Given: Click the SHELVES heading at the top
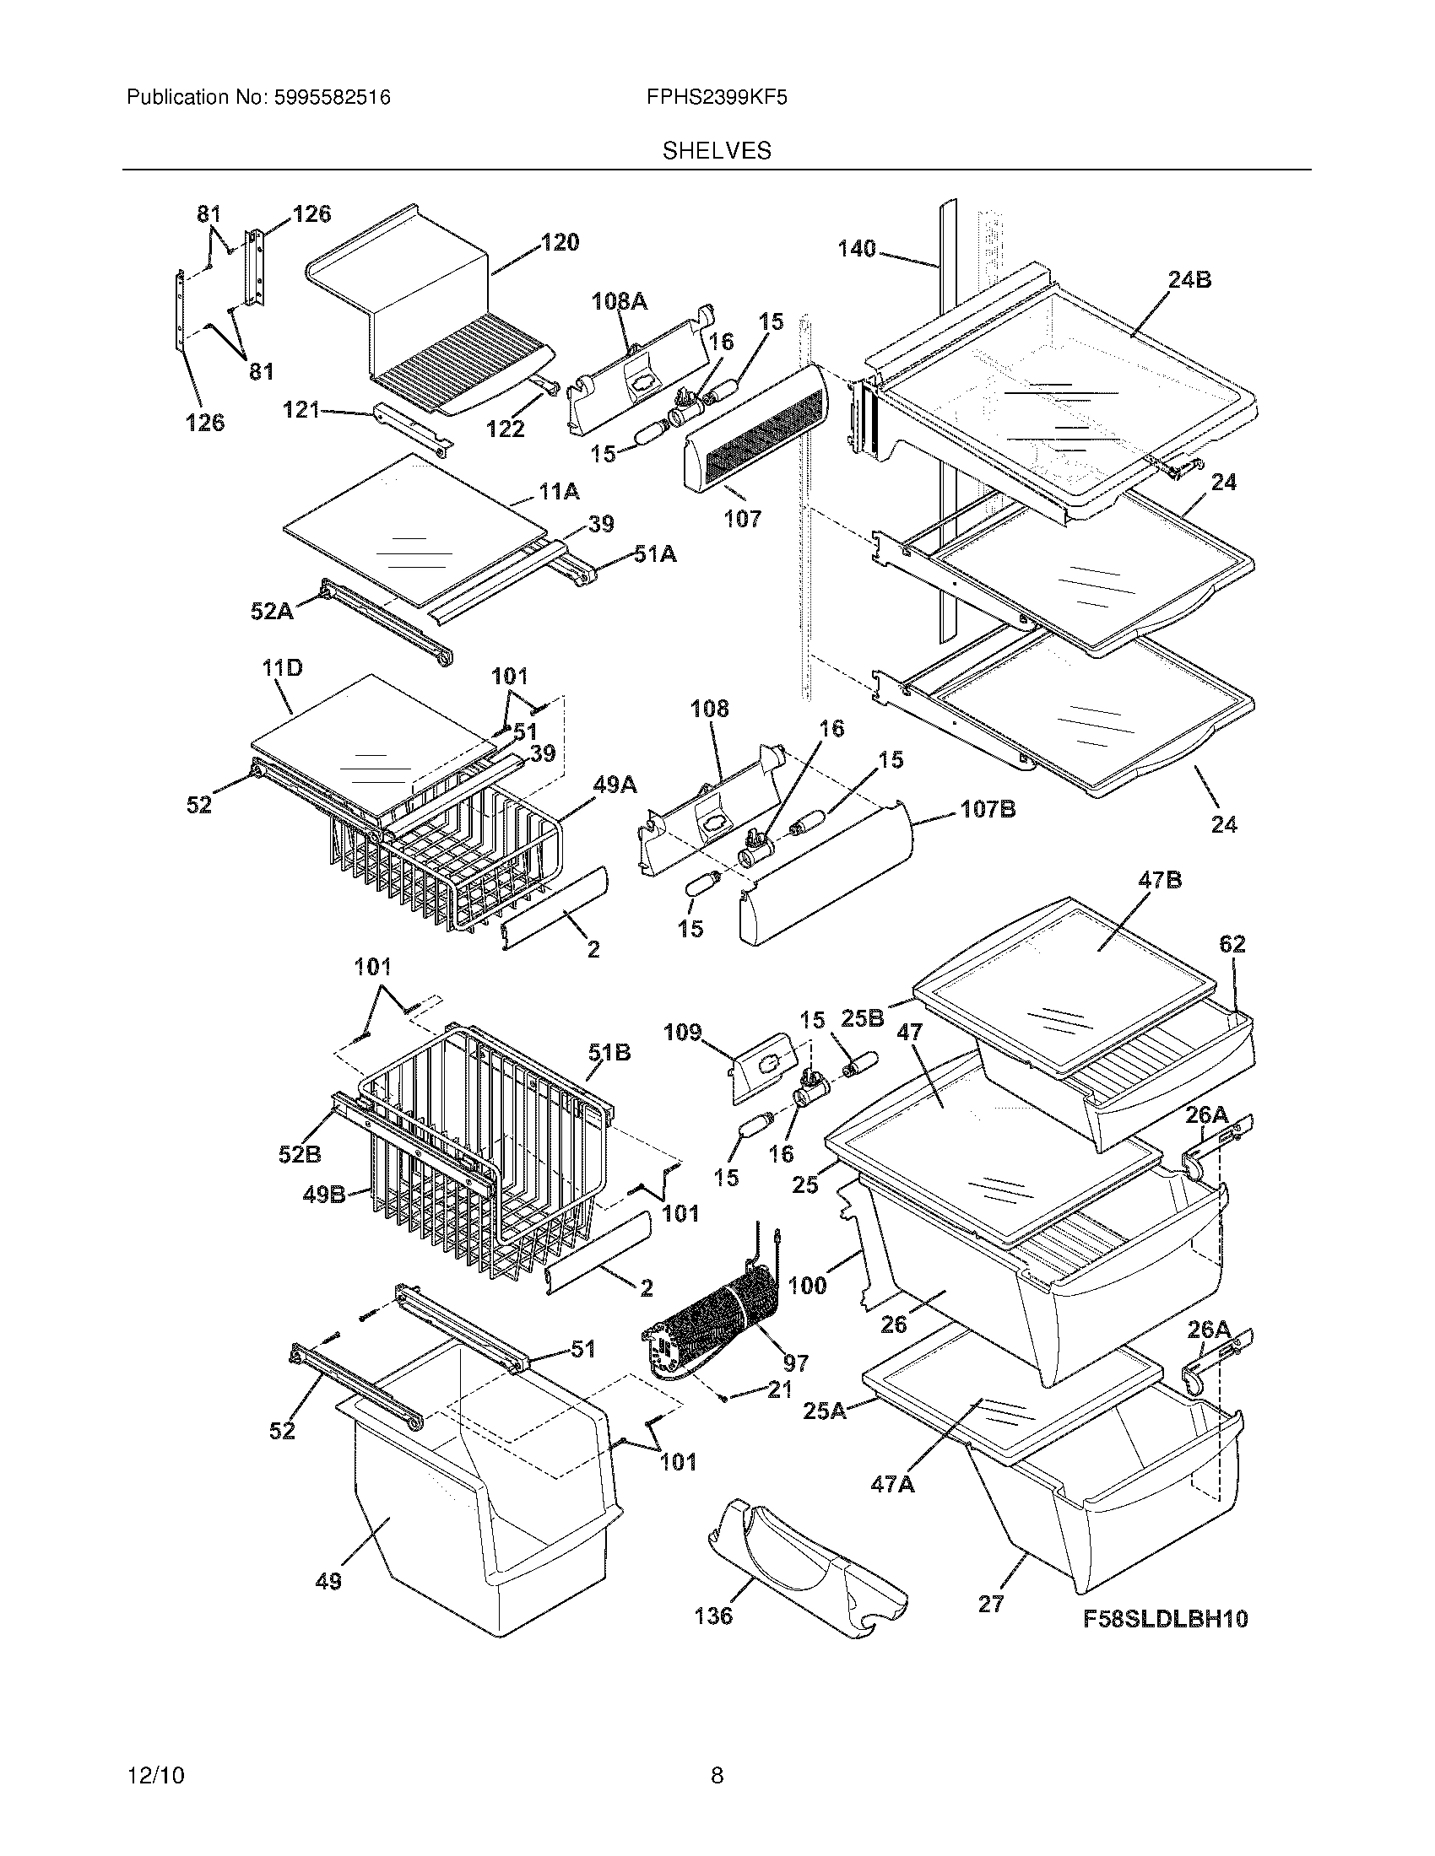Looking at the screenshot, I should click(717, 151).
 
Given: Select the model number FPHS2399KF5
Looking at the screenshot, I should click(717, 98).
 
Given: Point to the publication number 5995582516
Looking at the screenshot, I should click(332, 98).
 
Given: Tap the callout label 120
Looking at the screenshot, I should click(560, 242).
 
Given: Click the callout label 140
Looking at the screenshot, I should click(856, 249).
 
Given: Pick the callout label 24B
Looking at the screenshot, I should click(1189, 279).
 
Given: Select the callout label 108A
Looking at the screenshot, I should click(619, 301).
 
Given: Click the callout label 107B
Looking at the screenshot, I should click(987, 810).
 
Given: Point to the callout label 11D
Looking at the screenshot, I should click(282, 668).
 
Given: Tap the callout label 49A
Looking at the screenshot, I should click(615, 785).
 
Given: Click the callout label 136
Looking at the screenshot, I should click(713, 1615).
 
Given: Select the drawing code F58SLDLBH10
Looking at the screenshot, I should click(1166, 1619).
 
